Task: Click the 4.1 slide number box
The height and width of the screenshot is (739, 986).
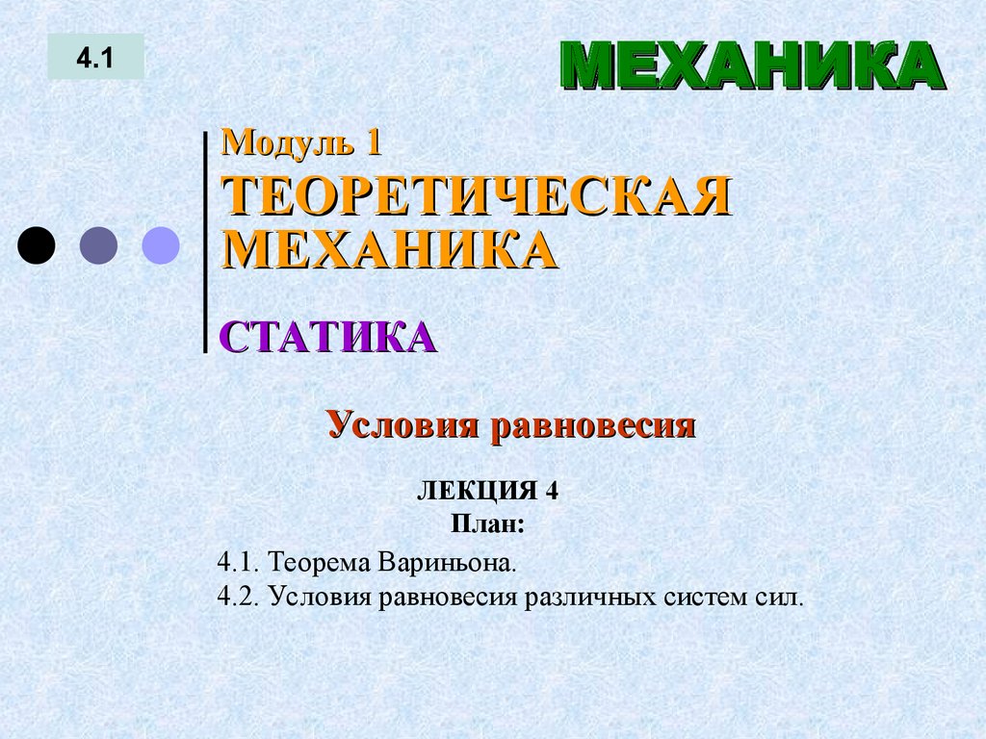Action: pyautogui.click(x=95, y=58)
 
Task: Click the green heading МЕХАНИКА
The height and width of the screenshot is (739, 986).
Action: pyautogui.click(x=750, y=66)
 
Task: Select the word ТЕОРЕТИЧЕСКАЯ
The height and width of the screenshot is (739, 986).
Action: pyautogui.click(x=477, y=198)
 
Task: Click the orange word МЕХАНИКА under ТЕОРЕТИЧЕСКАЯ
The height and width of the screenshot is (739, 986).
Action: pyautogui.click(x=390, y=250)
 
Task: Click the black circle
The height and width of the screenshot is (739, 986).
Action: pyautogui.click(x=37, y=245)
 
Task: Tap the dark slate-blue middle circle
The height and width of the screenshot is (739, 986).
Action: pyautogui.click(x=98, y=245)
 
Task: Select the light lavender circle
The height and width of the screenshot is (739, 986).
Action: pyautogui.click(x=161, y=245)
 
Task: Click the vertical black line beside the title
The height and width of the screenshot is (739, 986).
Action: pyautogui.click(x=205, y=241)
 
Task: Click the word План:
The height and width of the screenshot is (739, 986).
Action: pyautogui.click(x=487, y=525)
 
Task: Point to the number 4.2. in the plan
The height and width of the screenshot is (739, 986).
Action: pyautogui.click(x=240, y=597)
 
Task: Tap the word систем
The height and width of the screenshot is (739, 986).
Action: pyautogui.click(x=699, y=597)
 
